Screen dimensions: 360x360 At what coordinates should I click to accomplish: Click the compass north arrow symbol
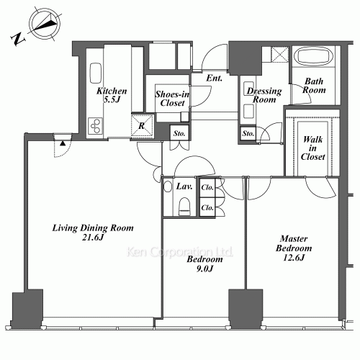(45, 24)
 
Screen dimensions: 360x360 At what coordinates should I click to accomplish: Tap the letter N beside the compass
(18, 39)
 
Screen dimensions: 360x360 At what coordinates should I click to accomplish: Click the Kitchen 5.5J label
(112, 95)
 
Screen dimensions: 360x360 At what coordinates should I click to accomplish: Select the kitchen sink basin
(96, 73)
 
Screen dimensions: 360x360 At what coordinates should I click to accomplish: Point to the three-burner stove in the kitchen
(95, 126)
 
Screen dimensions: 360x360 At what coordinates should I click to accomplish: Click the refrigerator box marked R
(142, 126)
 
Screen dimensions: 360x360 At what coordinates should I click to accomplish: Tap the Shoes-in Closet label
(172, 99)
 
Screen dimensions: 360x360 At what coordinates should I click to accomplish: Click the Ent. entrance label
(215, 78)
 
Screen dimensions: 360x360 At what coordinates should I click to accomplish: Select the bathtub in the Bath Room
(313, 57)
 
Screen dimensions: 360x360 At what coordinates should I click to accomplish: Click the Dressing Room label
(264, 95)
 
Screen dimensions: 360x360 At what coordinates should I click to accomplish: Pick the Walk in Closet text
(312, 148)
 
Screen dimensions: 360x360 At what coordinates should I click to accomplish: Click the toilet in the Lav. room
(184, 206)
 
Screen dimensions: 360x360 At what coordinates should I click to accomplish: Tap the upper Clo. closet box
(207, 187)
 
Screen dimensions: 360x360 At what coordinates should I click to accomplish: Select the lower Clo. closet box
(207, 207)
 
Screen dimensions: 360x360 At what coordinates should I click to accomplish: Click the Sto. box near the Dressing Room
(248, 133)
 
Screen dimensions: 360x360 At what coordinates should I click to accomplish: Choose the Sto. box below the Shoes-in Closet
(179, 133)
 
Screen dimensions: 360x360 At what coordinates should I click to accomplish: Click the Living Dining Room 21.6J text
(93, 233)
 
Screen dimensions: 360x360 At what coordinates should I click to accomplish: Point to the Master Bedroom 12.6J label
(294, 248)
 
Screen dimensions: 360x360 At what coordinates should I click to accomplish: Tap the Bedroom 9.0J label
(204, 264)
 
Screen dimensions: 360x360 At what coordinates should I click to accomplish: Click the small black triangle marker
(63, 143)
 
